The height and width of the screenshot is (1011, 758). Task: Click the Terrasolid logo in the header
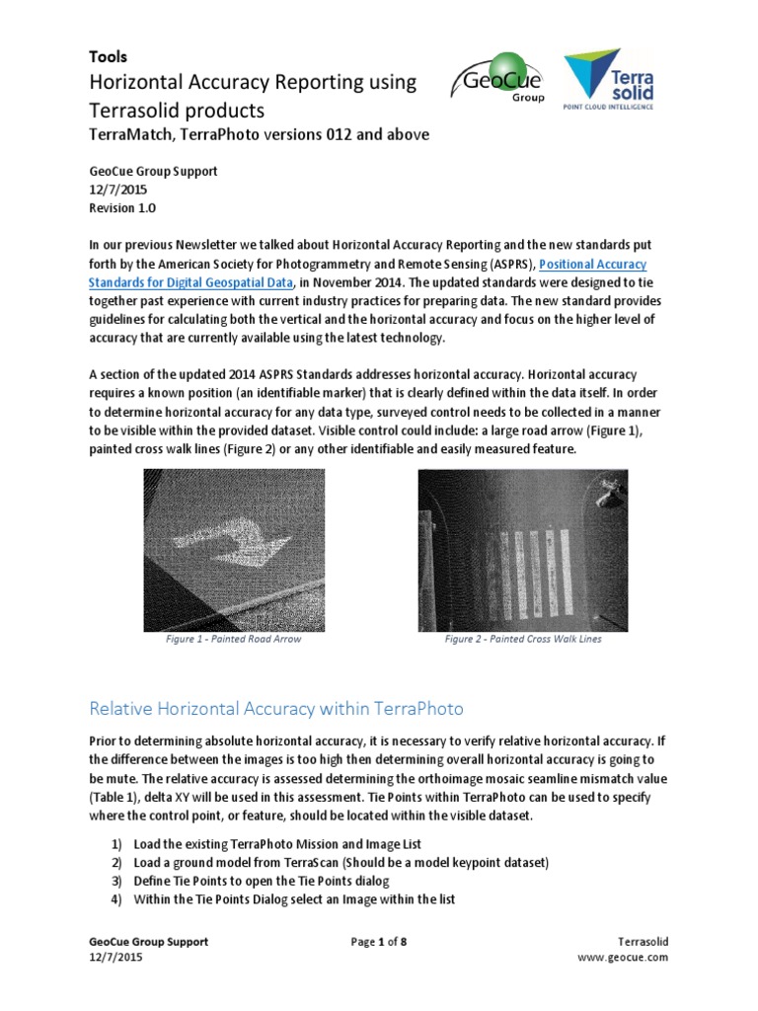[x=608, y=79]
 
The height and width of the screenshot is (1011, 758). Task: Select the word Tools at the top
[x=109, y=57]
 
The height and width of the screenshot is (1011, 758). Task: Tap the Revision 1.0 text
[x=122, y=208]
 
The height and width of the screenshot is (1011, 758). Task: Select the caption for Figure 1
[x=234, y=639]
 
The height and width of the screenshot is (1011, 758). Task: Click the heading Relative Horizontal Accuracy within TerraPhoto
[x=276, y=708]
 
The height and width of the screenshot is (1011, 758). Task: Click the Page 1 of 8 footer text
[x=378, y=942]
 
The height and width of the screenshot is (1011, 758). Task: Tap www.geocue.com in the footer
[x=623, y=958]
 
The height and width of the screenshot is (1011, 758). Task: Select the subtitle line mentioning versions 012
[x=260, y=134]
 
